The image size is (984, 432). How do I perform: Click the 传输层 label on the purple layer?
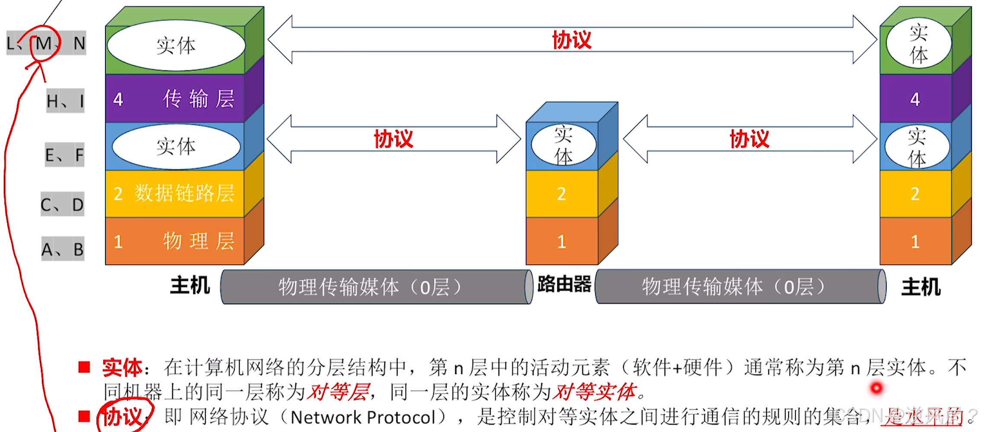[198, 99]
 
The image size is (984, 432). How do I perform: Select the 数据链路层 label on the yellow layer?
[185, 193]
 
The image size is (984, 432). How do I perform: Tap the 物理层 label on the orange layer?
[198, 241]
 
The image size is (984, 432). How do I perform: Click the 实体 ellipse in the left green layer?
[176, 45]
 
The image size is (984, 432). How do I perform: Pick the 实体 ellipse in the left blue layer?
[176, 146]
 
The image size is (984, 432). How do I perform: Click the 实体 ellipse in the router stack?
[563, 145]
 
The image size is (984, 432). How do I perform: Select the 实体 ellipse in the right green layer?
[918, 44]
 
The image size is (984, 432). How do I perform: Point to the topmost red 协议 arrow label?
[572, 40]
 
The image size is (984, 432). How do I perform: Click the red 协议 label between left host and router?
[393, 139]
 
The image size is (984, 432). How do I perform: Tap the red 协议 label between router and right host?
[749, 139]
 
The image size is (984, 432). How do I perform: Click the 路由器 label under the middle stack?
[564, 285]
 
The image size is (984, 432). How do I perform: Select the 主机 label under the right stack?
[920, 287]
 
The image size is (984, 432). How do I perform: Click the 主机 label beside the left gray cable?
[190, 286]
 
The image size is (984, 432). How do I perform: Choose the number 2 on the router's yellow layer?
[561, 194]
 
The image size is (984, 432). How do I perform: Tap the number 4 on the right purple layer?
[915, 99]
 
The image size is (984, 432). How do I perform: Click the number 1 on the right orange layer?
[915, 241]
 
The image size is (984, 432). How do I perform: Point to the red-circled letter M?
[44, 43]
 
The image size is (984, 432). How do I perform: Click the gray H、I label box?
[65, 101]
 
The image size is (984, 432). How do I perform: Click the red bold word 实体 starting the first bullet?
[122, 368]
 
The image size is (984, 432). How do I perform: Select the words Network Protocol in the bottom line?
[363, 417]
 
